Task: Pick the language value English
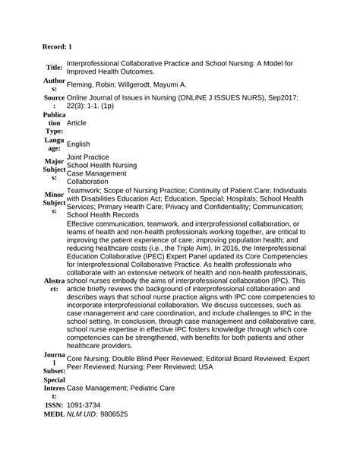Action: click(x=78, y=143)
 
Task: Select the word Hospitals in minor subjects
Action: click(x=238, y=197)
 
